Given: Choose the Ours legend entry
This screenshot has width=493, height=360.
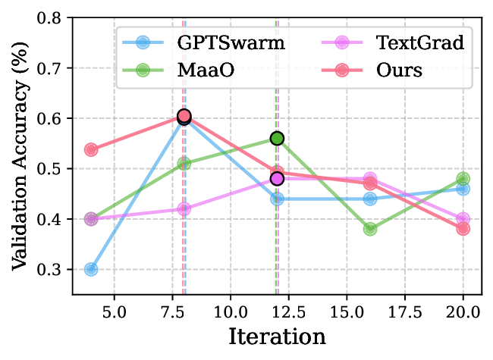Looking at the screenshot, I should (371, 70).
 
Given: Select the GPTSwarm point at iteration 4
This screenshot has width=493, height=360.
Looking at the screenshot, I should (91, 269).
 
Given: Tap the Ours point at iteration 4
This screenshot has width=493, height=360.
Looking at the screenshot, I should (91, 149).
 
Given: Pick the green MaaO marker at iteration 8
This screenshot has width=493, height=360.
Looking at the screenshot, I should (184, 164).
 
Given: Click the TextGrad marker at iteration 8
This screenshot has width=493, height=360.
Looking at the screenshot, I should (184, 209).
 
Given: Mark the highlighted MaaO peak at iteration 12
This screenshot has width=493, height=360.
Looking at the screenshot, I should (277, 139).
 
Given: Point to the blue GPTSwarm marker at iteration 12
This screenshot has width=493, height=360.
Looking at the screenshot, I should (277, 199).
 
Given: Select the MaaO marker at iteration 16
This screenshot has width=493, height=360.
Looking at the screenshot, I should (370, 229).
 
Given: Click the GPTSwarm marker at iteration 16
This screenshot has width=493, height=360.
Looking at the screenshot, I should (370, 199).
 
